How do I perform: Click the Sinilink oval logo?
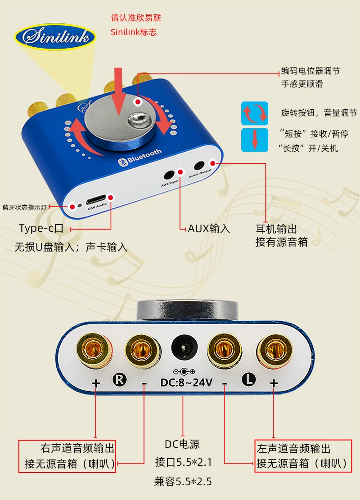pyautogui.click(x=55, y=36)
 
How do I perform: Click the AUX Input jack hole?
pyautogui.click(x=169, y=176)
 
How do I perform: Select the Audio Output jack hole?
pyautogui.click(x=199, y=166)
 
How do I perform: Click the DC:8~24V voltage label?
pyautogui.click(x=186, y=382)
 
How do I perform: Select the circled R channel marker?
pyautogui.click(x=120, y=380)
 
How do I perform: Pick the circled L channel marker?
pyautogui.click(x=249, y=379)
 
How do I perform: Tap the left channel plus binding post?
pyautogui.click(x=274, y=350)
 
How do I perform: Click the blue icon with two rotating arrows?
pyautogui.click(x=254, y=113)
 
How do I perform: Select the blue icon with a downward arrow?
pyautogui.click(x=254, y=140)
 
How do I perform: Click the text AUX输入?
pyautogui.click(x=209, y=229)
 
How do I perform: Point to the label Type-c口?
pyautogui.click(x=41, y=228)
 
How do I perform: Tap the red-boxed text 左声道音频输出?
pyautogui.click(x=293, y=448)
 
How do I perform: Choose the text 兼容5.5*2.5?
pyautogui.click(x=183, y=482)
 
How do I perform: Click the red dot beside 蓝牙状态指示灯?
pyautogui.click(x=72, y=207)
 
